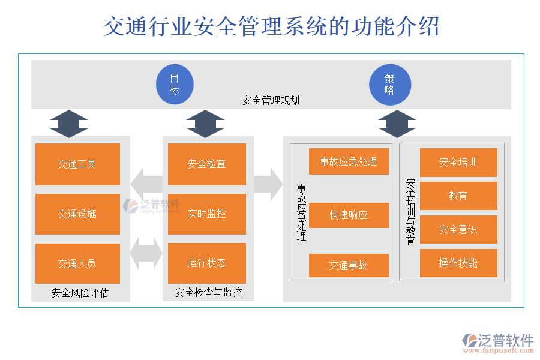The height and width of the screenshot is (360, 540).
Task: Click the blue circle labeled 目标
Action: click(175, 85)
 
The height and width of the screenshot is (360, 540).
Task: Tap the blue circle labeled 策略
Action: click(390, 85)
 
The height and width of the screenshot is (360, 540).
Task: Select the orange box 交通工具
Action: click(77, 164)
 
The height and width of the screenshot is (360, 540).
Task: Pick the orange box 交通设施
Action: click(77, 214)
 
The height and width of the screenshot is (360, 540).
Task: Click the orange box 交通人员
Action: click(77, 263)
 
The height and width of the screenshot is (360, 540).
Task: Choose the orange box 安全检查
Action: click(207, 164)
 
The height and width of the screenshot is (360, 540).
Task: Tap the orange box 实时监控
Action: click(207, 214)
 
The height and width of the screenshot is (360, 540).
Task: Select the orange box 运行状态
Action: click(207, 263)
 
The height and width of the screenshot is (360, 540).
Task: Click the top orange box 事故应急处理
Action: click(349, 161)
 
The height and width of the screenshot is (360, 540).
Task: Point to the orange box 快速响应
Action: click(349, 215)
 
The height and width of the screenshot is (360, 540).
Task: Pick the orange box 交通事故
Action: click(349, 266)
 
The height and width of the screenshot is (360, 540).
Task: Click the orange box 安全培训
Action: click(458, 162)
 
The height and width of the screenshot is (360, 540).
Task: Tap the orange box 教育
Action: click(458, 196)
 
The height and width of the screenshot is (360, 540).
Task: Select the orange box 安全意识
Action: click(458, 229)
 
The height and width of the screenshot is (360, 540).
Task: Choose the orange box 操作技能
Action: click(458, 263)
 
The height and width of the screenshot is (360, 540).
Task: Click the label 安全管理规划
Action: click(271, 101)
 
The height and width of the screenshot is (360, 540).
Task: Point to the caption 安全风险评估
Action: click(80, 293)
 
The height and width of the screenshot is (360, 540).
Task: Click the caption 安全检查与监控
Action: click(208, 293)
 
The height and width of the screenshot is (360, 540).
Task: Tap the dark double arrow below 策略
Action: click(397, 124)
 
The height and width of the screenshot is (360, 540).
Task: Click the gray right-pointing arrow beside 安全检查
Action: click(268, 184)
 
